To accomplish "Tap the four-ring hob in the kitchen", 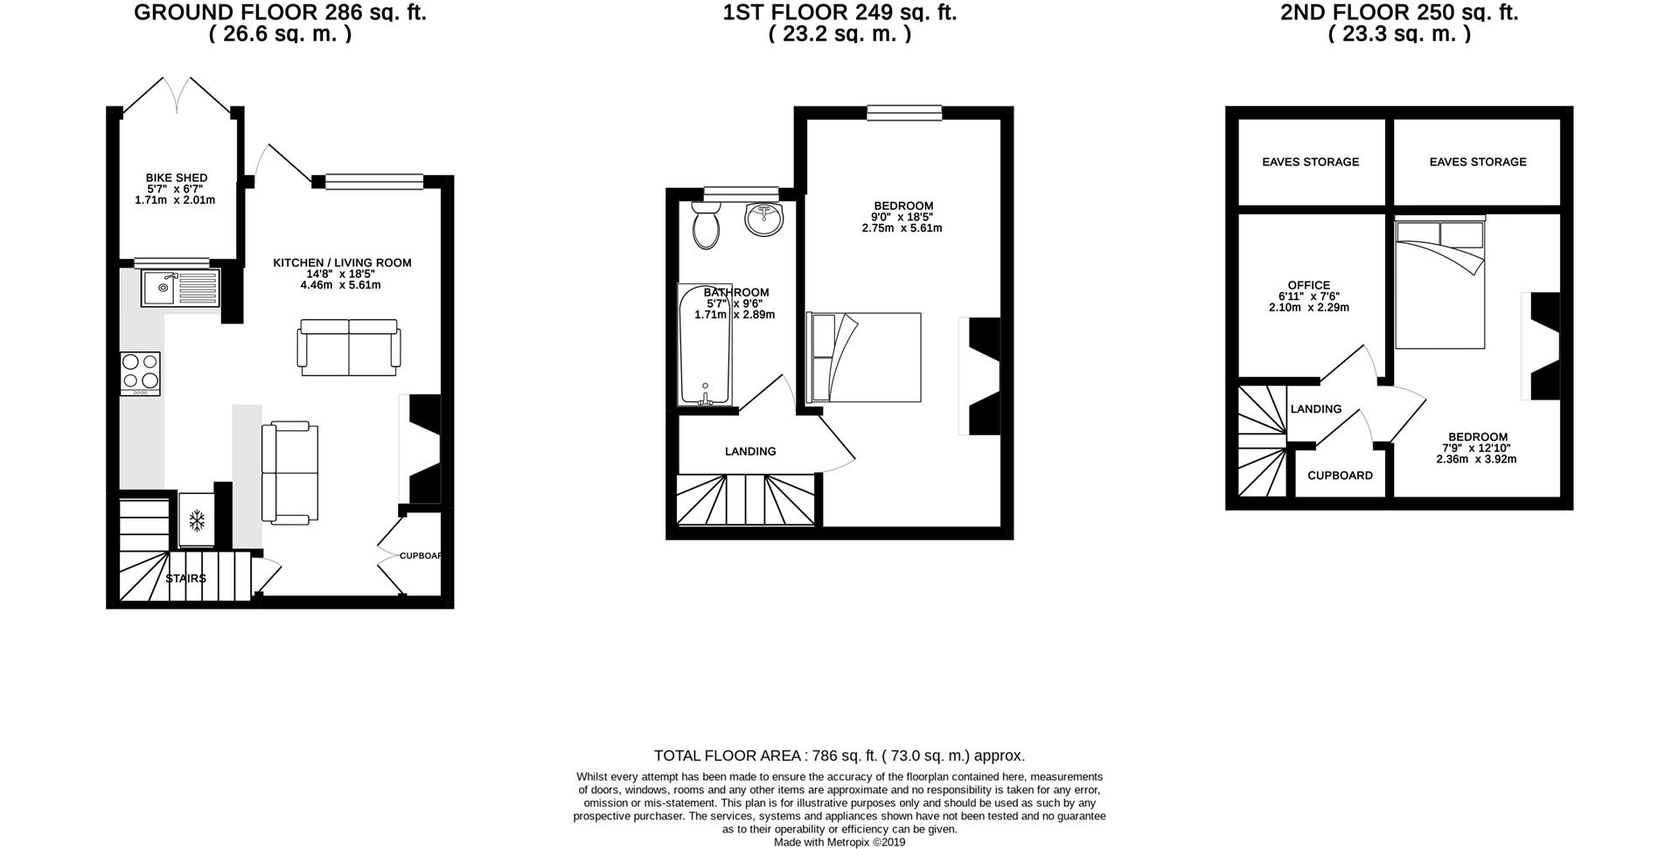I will click(140, 372).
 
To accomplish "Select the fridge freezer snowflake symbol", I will click(197, 521).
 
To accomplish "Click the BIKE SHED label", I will click(177, 178).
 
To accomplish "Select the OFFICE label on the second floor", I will click(1308, 285).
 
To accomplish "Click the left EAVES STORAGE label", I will click(1310, 162).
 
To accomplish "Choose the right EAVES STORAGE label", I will click(1477, 162).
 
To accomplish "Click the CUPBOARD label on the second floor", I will click(1340, 476).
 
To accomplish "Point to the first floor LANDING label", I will click(749, 452).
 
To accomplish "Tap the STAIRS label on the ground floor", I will click(185, 579).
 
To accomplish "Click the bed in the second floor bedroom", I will click(1439, 285).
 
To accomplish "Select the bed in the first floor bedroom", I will click(864, 357).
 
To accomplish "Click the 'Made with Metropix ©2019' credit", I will click(839, 843).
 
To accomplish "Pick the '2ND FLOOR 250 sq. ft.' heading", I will click(1399, 13).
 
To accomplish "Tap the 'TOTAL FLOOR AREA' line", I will click(839, 756).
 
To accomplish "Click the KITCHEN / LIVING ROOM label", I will click(342, 263).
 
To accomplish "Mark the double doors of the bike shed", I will click(178, 95).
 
